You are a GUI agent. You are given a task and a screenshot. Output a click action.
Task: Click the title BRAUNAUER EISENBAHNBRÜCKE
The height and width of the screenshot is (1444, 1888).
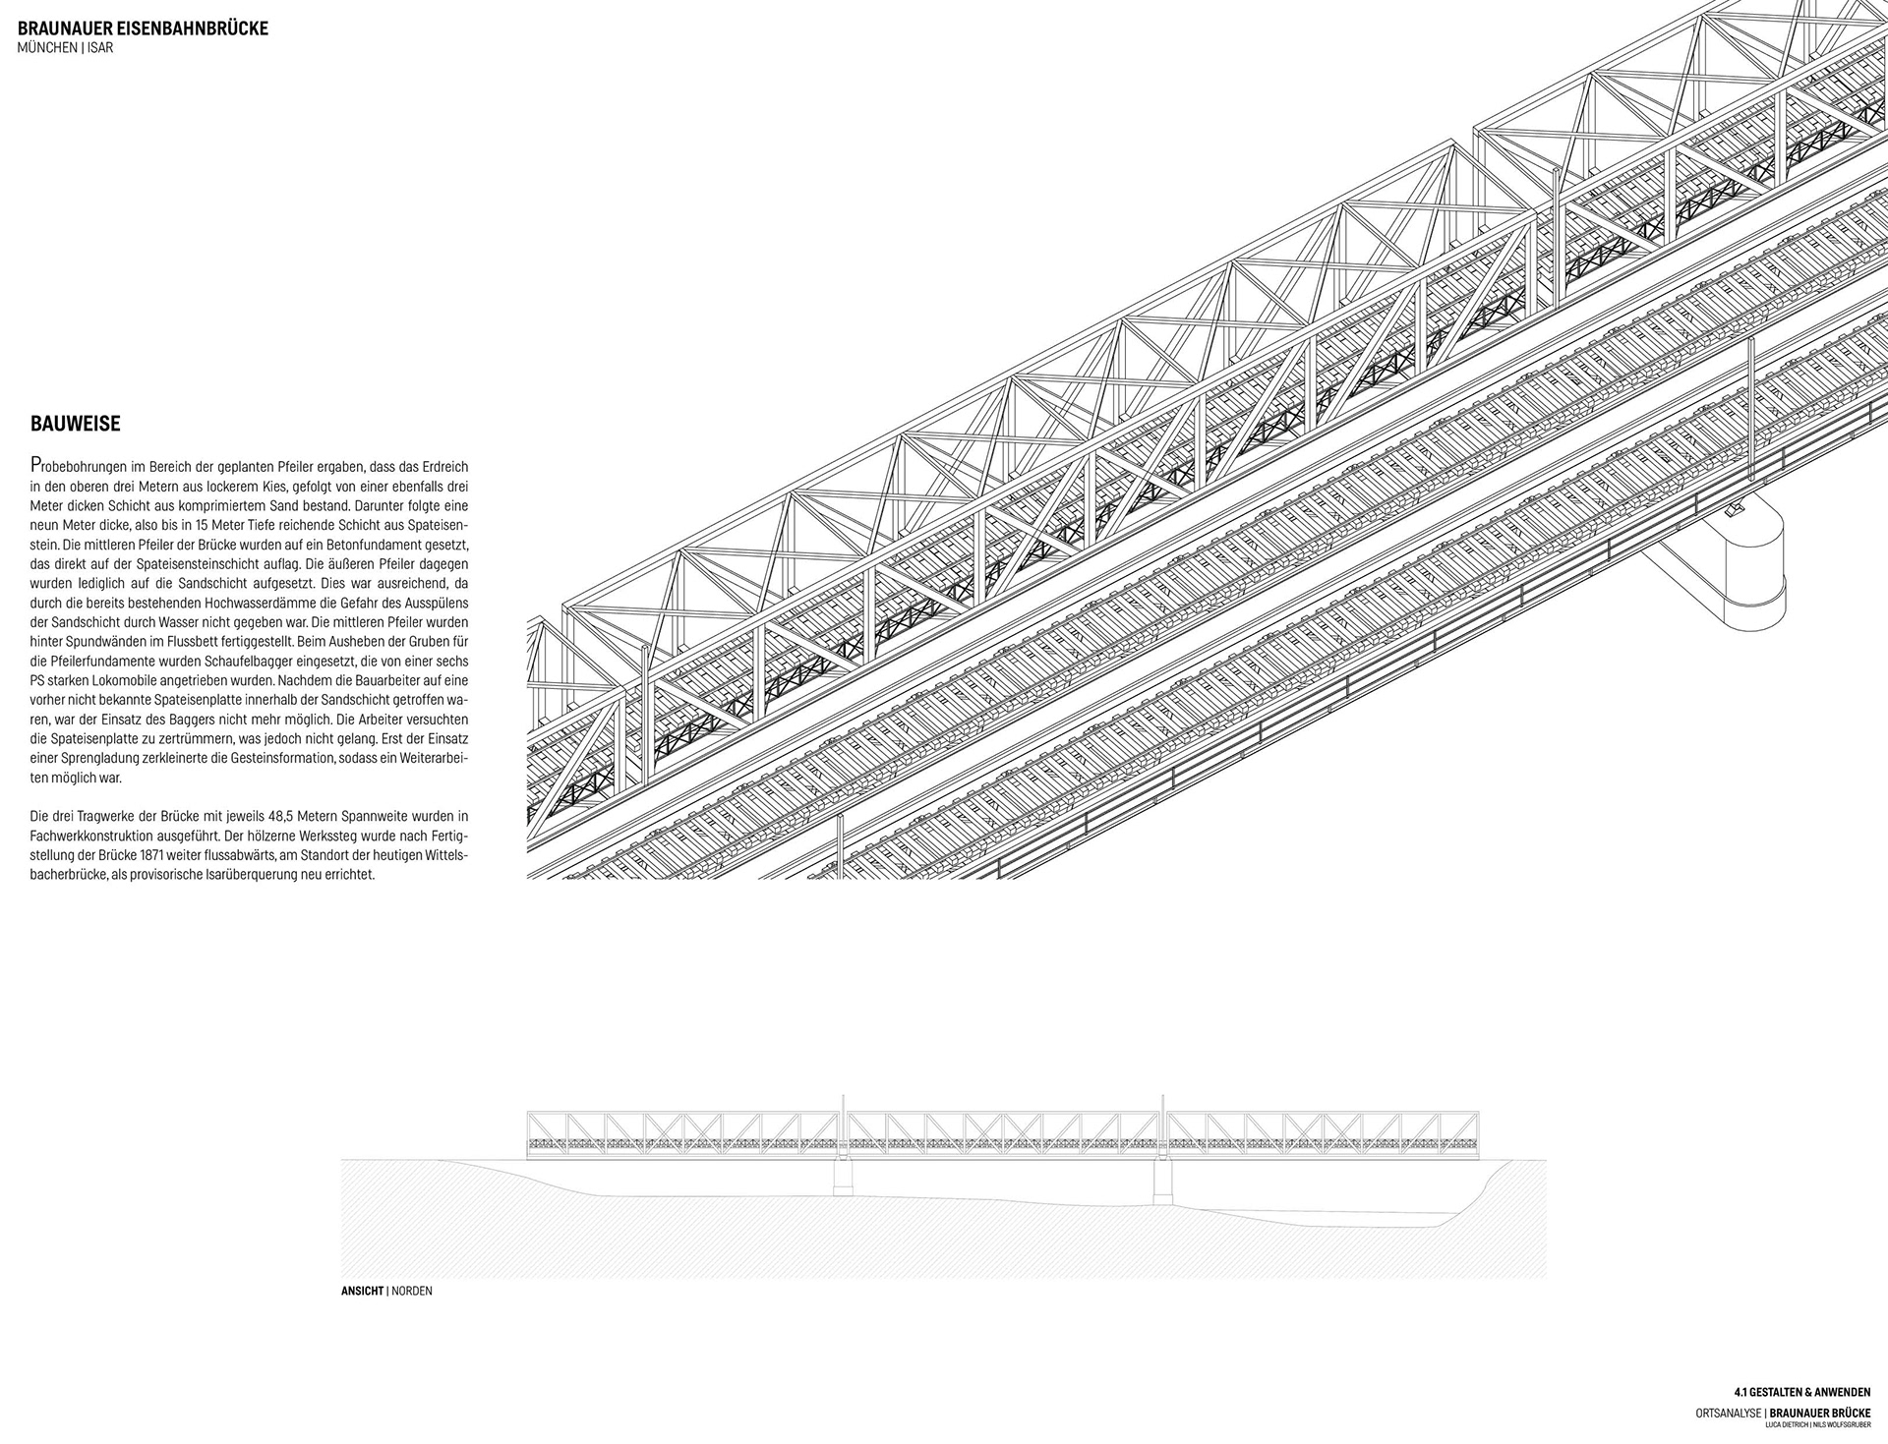(143, 29)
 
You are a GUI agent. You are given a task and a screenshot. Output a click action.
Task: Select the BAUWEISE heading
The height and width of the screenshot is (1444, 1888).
(76, 424)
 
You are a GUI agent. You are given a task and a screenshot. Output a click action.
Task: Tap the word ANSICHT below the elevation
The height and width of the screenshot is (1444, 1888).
(362, 1291)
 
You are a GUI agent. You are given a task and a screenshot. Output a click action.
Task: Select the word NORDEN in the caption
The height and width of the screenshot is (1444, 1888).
(412, 1291)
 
